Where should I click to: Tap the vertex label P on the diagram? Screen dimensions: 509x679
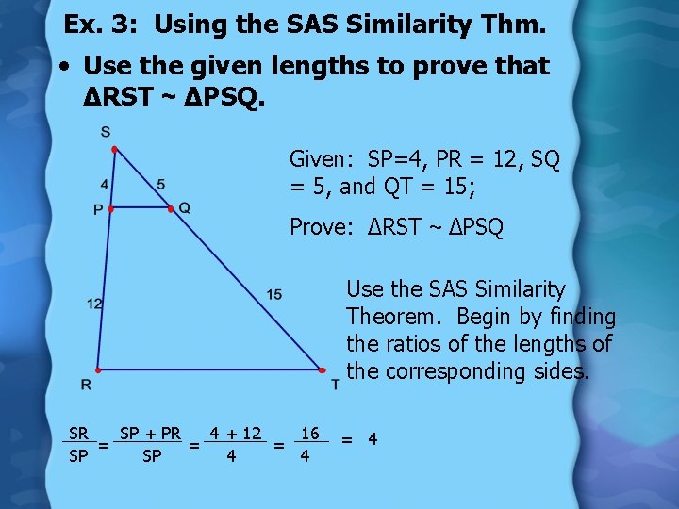(x=97, y=210)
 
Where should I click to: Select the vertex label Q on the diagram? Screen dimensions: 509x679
(x=184, y=207)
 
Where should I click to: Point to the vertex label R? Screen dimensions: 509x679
(x=86, y=385)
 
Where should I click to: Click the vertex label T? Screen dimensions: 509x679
(x=335, y=385)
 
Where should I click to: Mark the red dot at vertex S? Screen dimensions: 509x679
(x=113, y=150)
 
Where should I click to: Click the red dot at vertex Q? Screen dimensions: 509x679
(x=171, y=208)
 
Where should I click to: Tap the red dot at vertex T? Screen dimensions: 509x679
(x=321, y=370)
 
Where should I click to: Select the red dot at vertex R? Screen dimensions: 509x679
(x=97, y=370)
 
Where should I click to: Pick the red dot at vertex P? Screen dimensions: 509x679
(x=110, y=208)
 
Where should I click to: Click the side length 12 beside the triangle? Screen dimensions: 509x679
(x=94, y=303)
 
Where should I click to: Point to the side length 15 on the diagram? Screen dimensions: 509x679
(x=273, y=295)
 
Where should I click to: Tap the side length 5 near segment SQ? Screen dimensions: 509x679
(x=161, y=184)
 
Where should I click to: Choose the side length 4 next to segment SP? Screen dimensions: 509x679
(x=104, y=184)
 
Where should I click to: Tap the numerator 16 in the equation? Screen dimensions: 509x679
(x=309, y=434)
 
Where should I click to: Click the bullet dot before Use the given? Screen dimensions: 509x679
(x=62, y=67)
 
